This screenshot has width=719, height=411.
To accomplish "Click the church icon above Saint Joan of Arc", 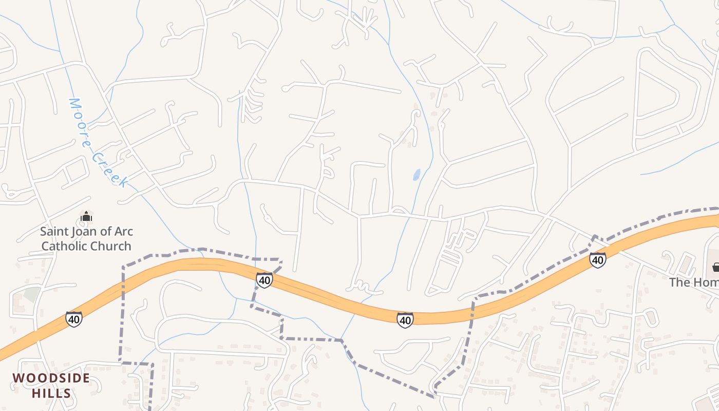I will click(86, 216).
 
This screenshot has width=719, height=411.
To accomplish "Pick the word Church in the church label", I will click(112, 246).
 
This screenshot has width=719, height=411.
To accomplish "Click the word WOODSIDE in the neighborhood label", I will click(51, 379).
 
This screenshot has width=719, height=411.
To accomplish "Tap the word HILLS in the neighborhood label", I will click(51, 394).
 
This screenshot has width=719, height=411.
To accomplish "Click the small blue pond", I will click(417, 175).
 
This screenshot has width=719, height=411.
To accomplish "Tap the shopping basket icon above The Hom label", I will click(715, 267).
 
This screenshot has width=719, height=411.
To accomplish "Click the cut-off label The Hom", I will click(693, 282).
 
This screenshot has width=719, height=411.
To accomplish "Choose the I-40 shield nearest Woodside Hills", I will click(74, 319).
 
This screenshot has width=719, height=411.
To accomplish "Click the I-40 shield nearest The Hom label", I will click(597, 260).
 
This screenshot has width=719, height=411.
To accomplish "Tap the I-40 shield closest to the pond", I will click(405, 320).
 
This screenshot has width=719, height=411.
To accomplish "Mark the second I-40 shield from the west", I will click(264, 280).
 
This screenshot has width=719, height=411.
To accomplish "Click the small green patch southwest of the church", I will click(32, 294).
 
